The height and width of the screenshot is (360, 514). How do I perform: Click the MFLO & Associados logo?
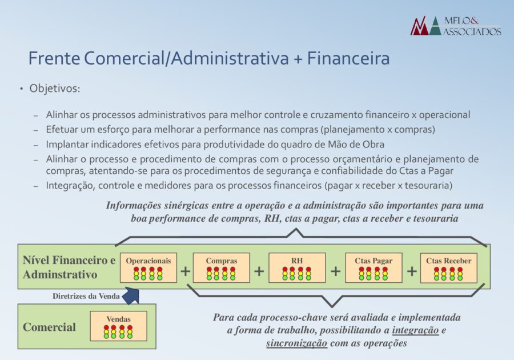pos(456,26)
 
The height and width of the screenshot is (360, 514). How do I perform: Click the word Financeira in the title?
pos(348,58)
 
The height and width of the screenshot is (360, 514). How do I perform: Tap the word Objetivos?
pos(55,89)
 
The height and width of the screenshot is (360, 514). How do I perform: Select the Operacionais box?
pos(148,267)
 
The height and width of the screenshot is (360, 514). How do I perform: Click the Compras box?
pos(221,267)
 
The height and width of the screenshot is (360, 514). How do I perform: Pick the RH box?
pos(297,267)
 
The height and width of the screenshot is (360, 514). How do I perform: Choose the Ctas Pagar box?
pos(374,267)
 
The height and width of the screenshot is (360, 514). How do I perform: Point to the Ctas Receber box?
pos(449,267)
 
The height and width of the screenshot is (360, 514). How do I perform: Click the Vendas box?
pos(119,326)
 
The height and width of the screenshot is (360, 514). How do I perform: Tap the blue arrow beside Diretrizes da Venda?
pos(131,295)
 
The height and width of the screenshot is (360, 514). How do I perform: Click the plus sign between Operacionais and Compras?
pos(185,271)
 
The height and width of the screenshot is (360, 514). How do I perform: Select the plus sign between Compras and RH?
pos(259,271)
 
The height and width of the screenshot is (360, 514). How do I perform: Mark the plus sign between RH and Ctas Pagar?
pos(335,271)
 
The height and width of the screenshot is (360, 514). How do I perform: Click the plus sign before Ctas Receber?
pos(412,271)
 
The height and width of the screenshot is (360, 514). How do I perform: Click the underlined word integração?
pos(415,330)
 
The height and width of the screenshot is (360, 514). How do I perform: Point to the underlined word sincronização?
pos(296,343)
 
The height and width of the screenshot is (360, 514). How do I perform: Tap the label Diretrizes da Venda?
pos(86,297)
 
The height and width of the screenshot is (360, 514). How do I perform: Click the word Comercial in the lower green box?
pos(50,327)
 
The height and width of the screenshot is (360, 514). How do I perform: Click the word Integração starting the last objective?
pos(70,186)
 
